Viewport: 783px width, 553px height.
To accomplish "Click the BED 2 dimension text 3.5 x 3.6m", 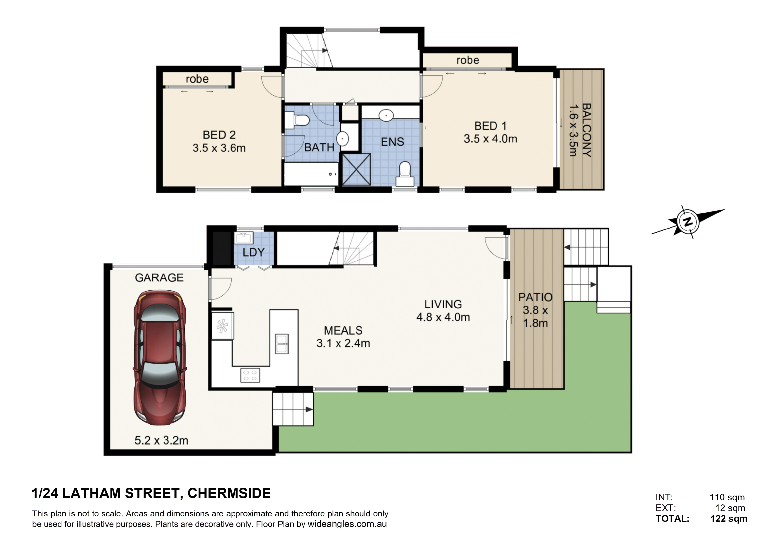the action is point(219,148).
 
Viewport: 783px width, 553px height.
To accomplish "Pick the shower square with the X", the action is point(356,170).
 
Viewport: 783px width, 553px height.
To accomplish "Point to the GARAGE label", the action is point(159,278).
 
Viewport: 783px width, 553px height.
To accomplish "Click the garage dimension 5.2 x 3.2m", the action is point(161,441).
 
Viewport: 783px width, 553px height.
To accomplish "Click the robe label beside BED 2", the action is point(197,79).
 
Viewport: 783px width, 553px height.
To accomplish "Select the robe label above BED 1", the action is point(468,60).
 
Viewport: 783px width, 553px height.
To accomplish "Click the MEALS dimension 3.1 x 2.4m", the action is point(343,343).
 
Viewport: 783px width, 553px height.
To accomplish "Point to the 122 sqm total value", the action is point(729,519).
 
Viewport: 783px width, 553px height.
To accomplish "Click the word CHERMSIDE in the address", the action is point(229,493).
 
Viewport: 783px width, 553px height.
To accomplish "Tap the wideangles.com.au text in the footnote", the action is point(347,524).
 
